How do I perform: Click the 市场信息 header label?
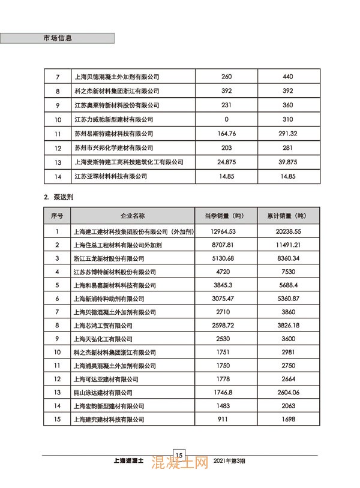(58, 37)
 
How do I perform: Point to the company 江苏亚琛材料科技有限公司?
(110, 176)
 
